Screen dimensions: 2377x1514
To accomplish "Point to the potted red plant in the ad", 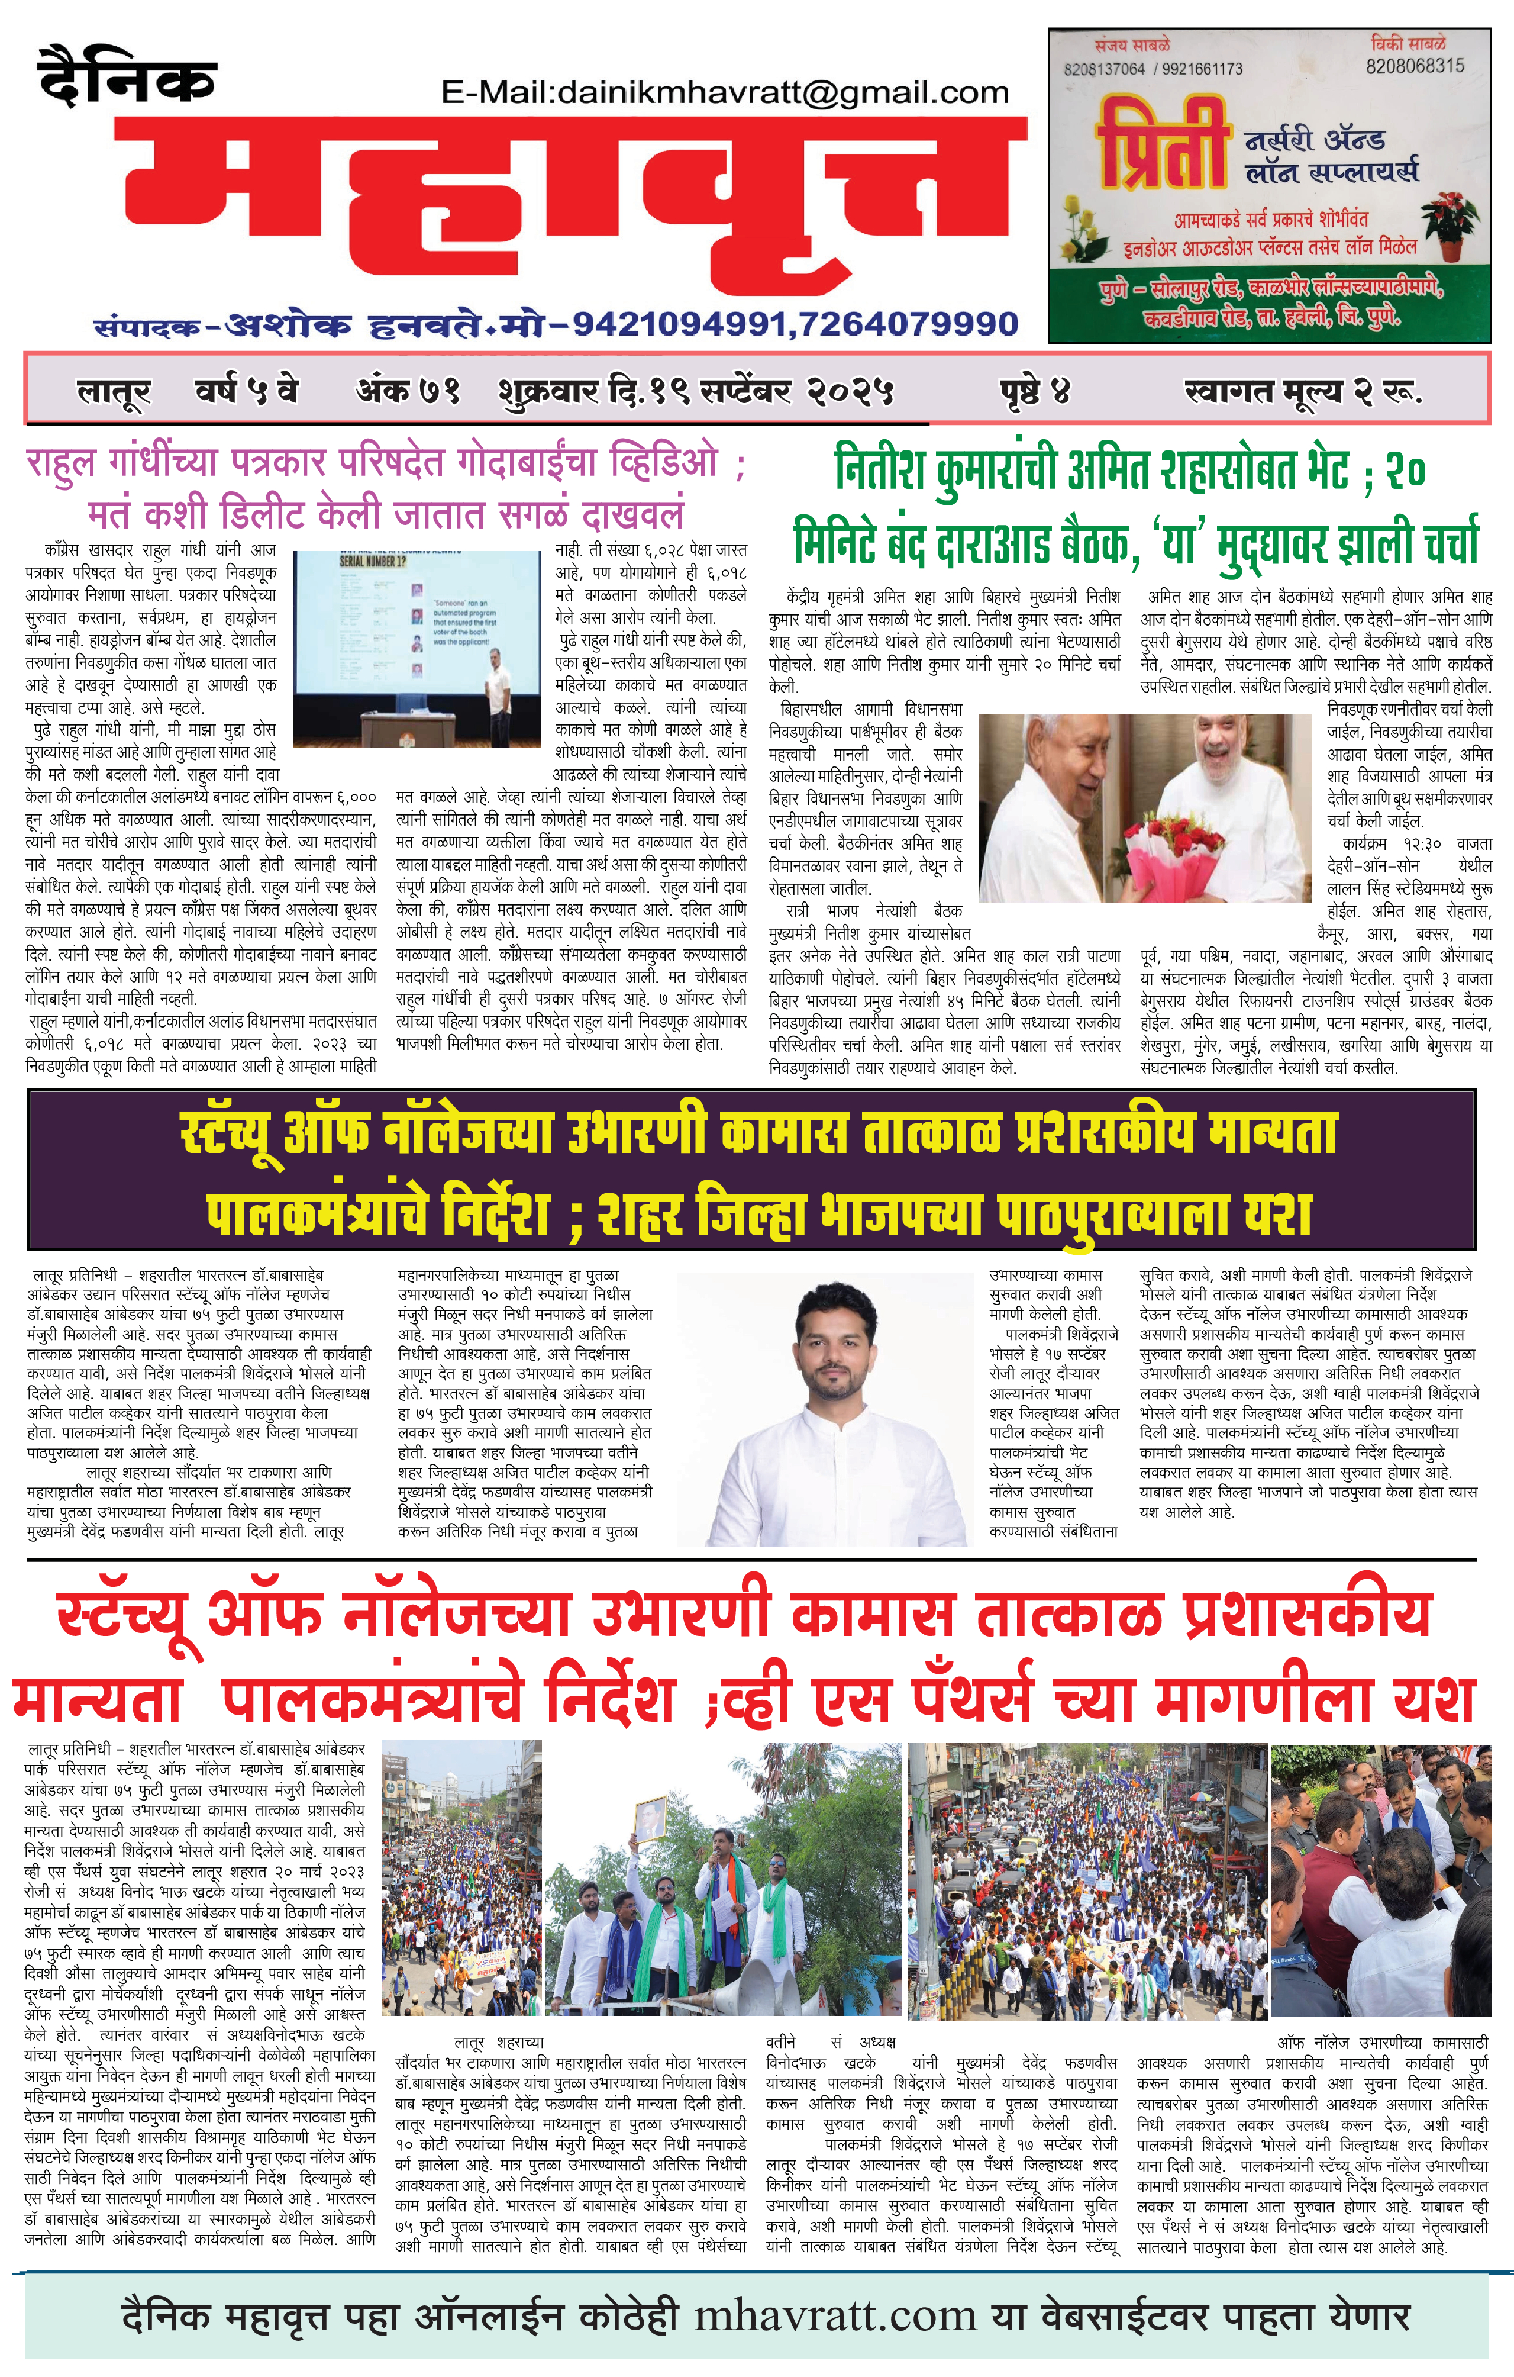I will point(1449,221).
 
